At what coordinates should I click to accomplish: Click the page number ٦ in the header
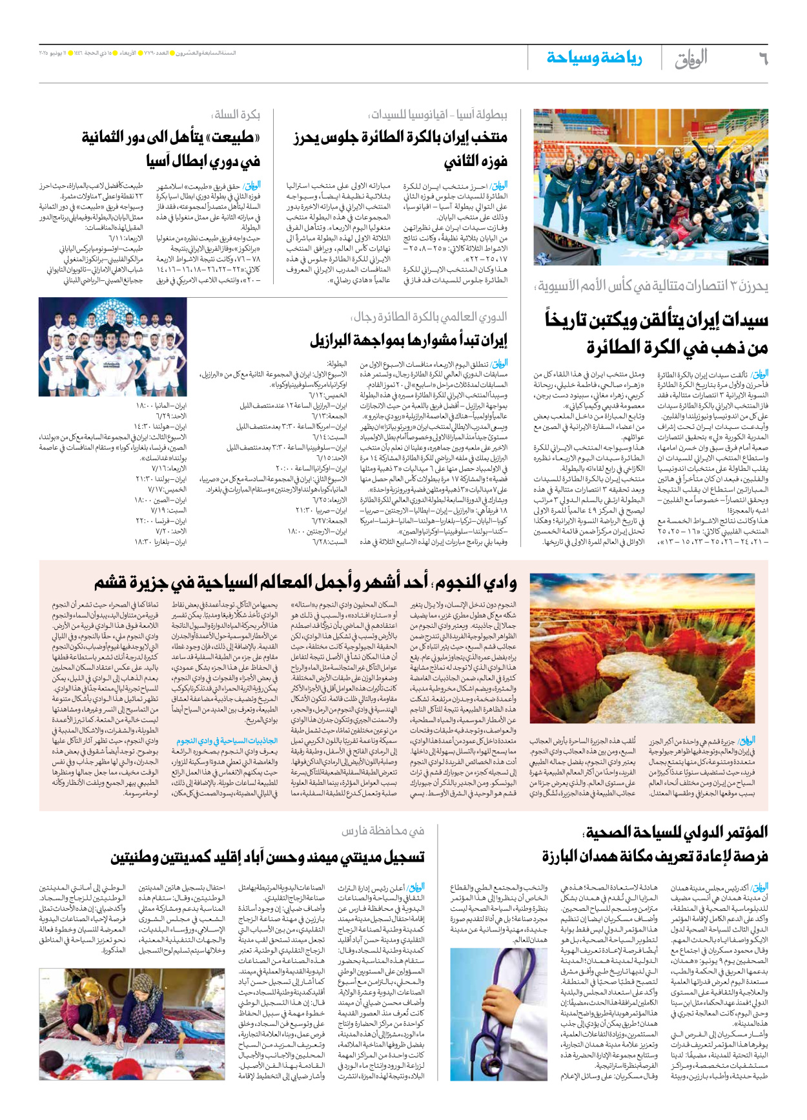763,59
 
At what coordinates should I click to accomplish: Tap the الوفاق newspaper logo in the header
691,59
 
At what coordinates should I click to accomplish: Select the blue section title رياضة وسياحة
594,58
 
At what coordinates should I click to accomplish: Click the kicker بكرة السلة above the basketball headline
236,114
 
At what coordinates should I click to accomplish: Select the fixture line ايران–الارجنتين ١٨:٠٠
317,531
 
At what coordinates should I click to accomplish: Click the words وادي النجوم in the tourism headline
475,583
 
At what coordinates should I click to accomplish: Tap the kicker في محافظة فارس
383,831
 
